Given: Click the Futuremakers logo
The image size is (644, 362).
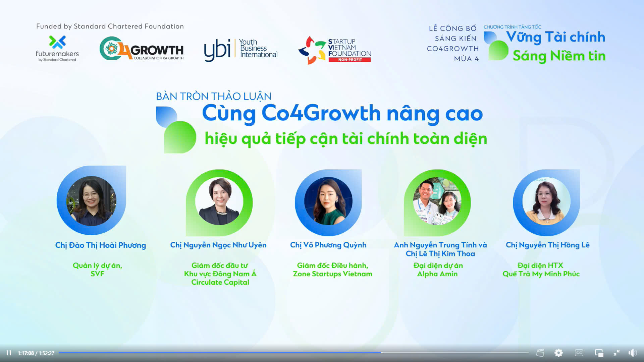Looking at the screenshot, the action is click(57, 49).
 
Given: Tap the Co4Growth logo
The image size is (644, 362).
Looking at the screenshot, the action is click(142, 48).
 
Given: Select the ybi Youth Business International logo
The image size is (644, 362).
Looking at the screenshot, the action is click(241, 50).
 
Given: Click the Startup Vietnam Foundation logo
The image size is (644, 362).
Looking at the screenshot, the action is click(335, 50).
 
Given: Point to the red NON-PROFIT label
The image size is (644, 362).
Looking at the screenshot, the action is click(350, 60).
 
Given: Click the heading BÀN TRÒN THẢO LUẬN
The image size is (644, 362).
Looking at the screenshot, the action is click(214, 96).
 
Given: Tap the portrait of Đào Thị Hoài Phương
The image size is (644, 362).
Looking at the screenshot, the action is click(91, 200).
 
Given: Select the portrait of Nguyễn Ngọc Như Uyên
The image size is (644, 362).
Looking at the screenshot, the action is click(219, 201).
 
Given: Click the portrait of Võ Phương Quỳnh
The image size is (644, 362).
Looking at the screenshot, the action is click(328, 201).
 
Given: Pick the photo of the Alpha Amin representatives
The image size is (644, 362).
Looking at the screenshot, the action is click(437, 201).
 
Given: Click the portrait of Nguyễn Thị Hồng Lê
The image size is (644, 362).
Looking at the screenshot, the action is click(546, 201).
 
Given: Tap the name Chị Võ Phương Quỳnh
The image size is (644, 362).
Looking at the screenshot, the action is click(328, 245).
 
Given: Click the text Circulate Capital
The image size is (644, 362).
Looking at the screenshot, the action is click(220, 282).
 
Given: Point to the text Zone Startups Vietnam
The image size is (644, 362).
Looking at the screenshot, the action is click(333, 274).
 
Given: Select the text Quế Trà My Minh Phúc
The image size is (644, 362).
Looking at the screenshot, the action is click(541, 274).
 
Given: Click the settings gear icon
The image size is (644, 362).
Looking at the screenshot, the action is click(558, 353).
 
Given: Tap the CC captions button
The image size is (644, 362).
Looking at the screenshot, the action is click(579, 353).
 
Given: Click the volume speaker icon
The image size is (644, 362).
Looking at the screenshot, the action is click(632, 353).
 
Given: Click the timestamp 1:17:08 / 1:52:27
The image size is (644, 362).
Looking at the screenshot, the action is click(36, 353).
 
